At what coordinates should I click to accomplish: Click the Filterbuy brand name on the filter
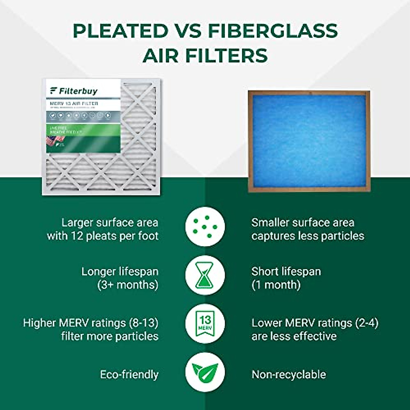[x=78, y=91]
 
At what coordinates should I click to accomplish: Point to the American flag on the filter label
[x=55, y=140]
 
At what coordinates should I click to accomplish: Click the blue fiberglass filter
[x=309, y=140]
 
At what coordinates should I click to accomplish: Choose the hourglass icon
[x=205, y=275]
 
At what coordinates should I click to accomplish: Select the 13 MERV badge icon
[x=205, y=323]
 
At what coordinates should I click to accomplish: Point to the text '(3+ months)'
[x=128, y=285]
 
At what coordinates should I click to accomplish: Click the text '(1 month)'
[x=276, y=285]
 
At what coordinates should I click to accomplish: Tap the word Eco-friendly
[x=129, y=374]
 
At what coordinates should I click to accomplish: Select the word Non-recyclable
[x=289, y=374]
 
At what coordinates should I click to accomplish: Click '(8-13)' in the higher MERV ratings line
[x=144, y=323]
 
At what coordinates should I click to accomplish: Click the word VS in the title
[x=188, y=31]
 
